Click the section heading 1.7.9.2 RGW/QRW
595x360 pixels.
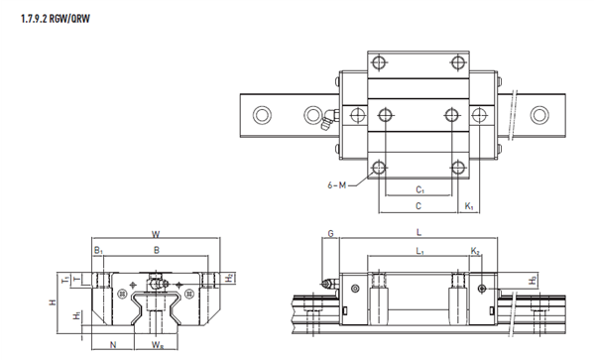point(56,19)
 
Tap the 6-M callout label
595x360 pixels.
point(337,185)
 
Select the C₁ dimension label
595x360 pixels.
point(419,189)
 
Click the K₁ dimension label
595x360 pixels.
point(469,206)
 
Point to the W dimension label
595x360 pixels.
point(156,234)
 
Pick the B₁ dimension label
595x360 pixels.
point(98,250)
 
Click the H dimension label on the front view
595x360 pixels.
point(53,301)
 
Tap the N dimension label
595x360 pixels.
point(113,344)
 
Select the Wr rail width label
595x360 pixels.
point(158,345)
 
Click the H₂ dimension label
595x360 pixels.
point(229,278)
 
